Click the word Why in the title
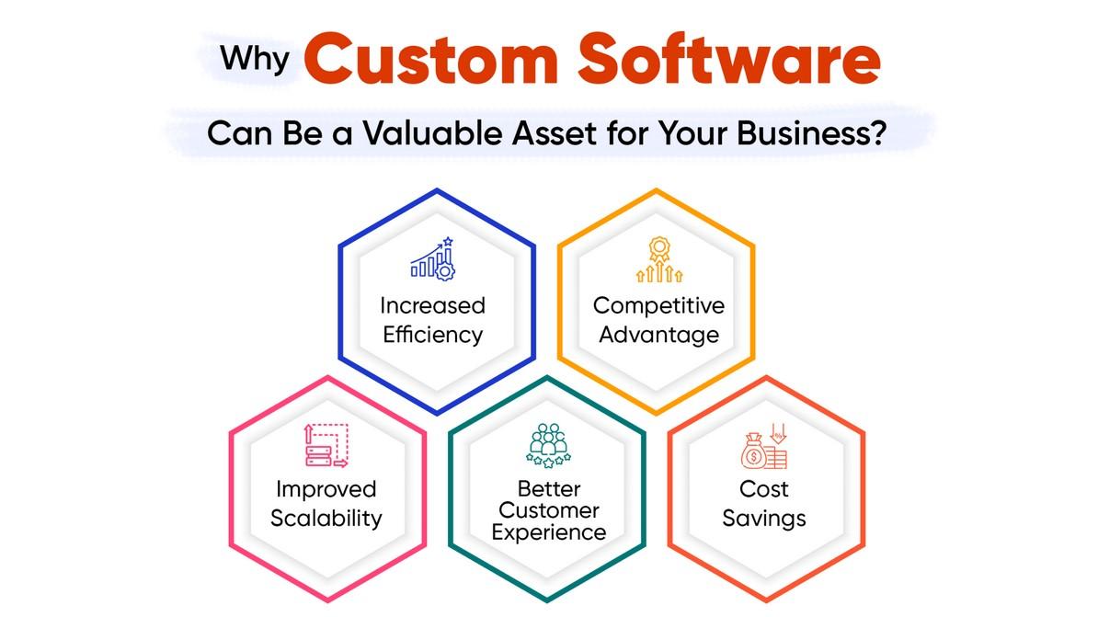254,60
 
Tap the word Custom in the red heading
430,60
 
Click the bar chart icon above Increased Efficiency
433,259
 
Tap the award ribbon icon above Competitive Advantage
659,259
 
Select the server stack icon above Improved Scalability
326,445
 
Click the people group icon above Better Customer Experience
548,445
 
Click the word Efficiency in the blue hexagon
433,335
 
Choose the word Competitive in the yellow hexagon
659,305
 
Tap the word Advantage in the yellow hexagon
659,335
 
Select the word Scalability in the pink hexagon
326,519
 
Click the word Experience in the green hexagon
548,532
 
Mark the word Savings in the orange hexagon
764,519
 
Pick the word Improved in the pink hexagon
326,489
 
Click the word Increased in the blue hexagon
433,305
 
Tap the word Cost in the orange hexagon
764,489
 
